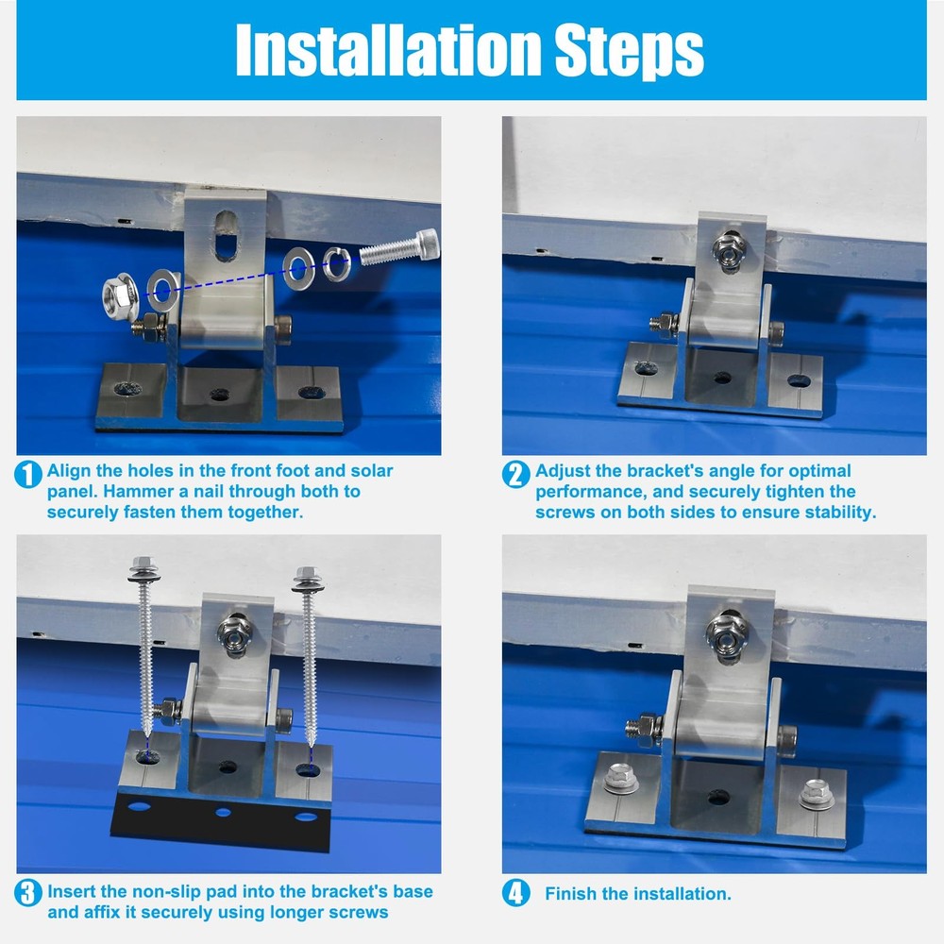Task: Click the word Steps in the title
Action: click(629, 52)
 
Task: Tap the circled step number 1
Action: click(28, 475)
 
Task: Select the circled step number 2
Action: click(516, 475)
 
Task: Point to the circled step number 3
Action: click(28, 893)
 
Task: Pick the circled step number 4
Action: click(516, 893)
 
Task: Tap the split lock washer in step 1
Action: click(337, 264)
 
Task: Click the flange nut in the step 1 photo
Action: click(121, 295)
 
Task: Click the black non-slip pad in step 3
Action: click(222, 820)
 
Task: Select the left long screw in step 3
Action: click(144, 648)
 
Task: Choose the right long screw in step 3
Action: click(309, 657)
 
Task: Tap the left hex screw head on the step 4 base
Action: click(620, 779)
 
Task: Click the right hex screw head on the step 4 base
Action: click(817, 794)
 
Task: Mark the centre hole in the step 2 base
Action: click(722, 379)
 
